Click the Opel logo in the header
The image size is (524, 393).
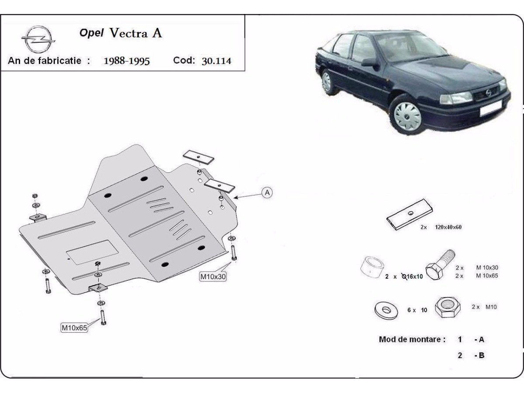coord(39,39)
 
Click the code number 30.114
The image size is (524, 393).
coord(216,61)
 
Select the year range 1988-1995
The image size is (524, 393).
coord(127,61)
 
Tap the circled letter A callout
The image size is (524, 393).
coord(267,192)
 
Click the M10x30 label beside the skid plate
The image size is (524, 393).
coord(213,276)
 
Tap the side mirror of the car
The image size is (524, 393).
coord(369,62)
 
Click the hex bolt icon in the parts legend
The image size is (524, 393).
coord(440,265)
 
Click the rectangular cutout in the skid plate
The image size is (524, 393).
coord(92,252)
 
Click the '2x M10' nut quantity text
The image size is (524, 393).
coord(484,307)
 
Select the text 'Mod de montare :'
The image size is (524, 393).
coord(412,339)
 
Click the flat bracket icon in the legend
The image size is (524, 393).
coord(409,214)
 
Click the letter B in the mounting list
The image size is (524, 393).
coord(481,355)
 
